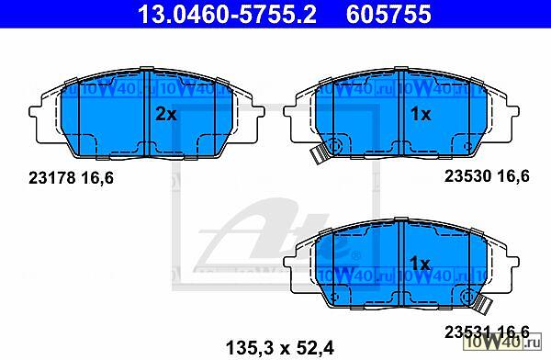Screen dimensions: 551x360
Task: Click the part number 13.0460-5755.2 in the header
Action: point(227,14)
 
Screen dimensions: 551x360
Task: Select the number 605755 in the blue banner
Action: point(388,14)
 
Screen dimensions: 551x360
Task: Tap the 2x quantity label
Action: point(166,114)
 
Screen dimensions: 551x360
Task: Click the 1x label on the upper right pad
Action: point(421,114)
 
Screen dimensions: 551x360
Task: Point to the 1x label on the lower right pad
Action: point(420,264)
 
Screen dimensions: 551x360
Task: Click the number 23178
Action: point(52,178)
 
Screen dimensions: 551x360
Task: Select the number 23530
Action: point(467,175)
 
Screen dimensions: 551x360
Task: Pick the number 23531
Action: point(467,332)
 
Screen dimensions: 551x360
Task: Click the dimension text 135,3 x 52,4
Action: point(280,348)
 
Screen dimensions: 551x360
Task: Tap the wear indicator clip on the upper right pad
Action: point(319,154)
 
